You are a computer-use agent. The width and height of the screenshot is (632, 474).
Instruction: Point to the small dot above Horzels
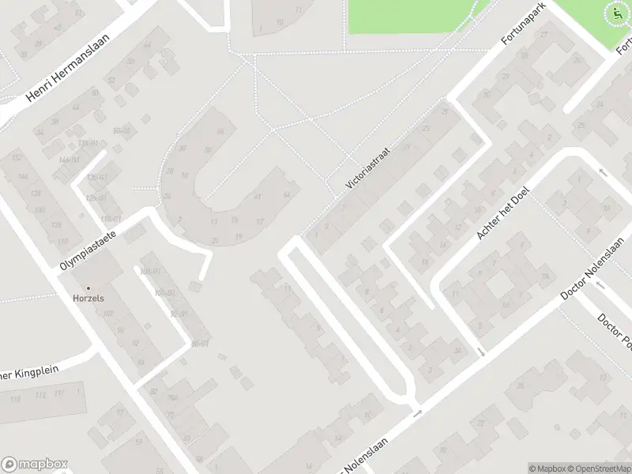[x=88, y=288]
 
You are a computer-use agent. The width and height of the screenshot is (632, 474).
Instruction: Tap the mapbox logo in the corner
[x=35, y=464]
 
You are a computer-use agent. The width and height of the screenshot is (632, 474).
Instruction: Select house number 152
[x=16, y=158]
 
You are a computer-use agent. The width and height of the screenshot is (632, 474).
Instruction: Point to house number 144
[x=24, y=178]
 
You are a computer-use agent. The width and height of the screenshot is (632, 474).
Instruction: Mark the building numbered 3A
[x=457, y=350]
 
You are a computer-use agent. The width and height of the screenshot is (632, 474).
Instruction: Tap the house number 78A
[x=172, y=399]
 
